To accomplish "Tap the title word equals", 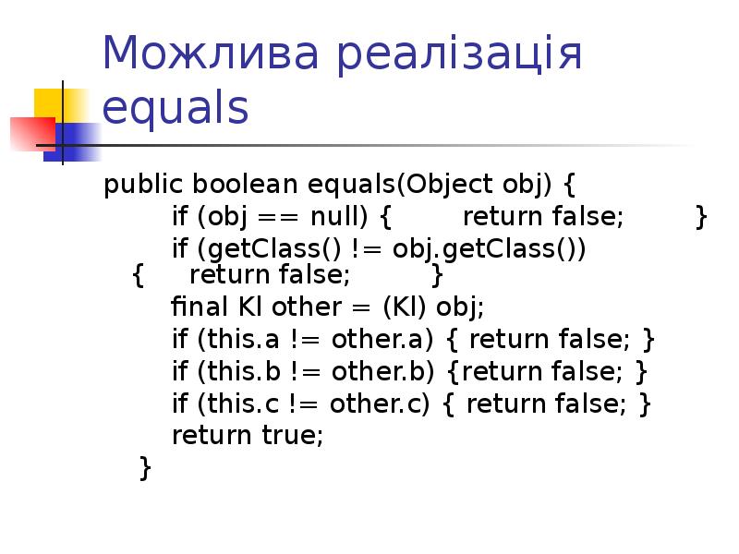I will (x=176, y=109).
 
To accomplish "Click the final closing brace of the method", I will (x=144, y=467).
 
